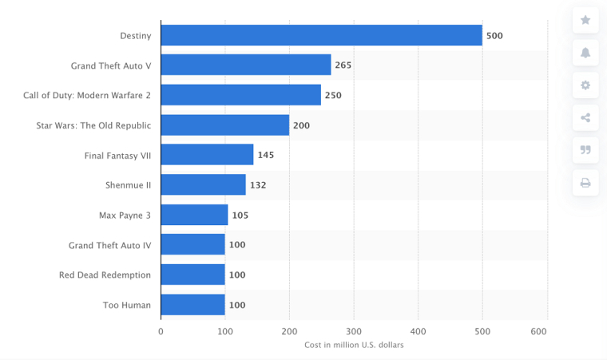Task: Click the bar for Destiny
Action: coord(321,35)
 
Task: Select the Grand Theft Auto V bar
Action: coord(246,65)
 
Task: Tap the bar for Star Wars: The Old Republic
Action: coord(224,125)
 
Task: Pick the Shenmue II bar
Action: coord(203,185)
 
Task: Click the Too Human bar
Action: coord(192,305)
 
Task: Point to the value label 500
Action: coord(494,36)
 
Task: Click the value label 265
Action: coord(343,65)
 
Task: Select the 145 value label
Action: coord(265,155)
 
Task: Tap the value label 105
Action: coord(240,215)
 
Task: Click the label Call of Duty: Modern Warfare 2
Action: coord(87,96)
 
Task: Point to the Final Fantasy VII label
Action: coord(117,156)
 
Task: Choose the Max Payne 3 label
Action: coord(125,216)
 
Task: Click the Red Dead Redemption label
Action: coord(105,275)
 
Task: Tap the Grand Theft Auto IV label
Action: coord(109,245)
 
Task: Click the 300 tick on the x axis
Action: coord(354,330)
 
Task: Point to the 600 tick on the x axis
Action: coord(547,330)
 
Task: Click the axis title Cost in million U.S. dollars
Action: coord(354,345)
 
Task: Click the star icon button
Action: coord(585,20)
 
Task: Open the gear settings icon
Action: coord(585,85)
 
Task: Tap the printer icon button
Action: coord(585,183)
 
